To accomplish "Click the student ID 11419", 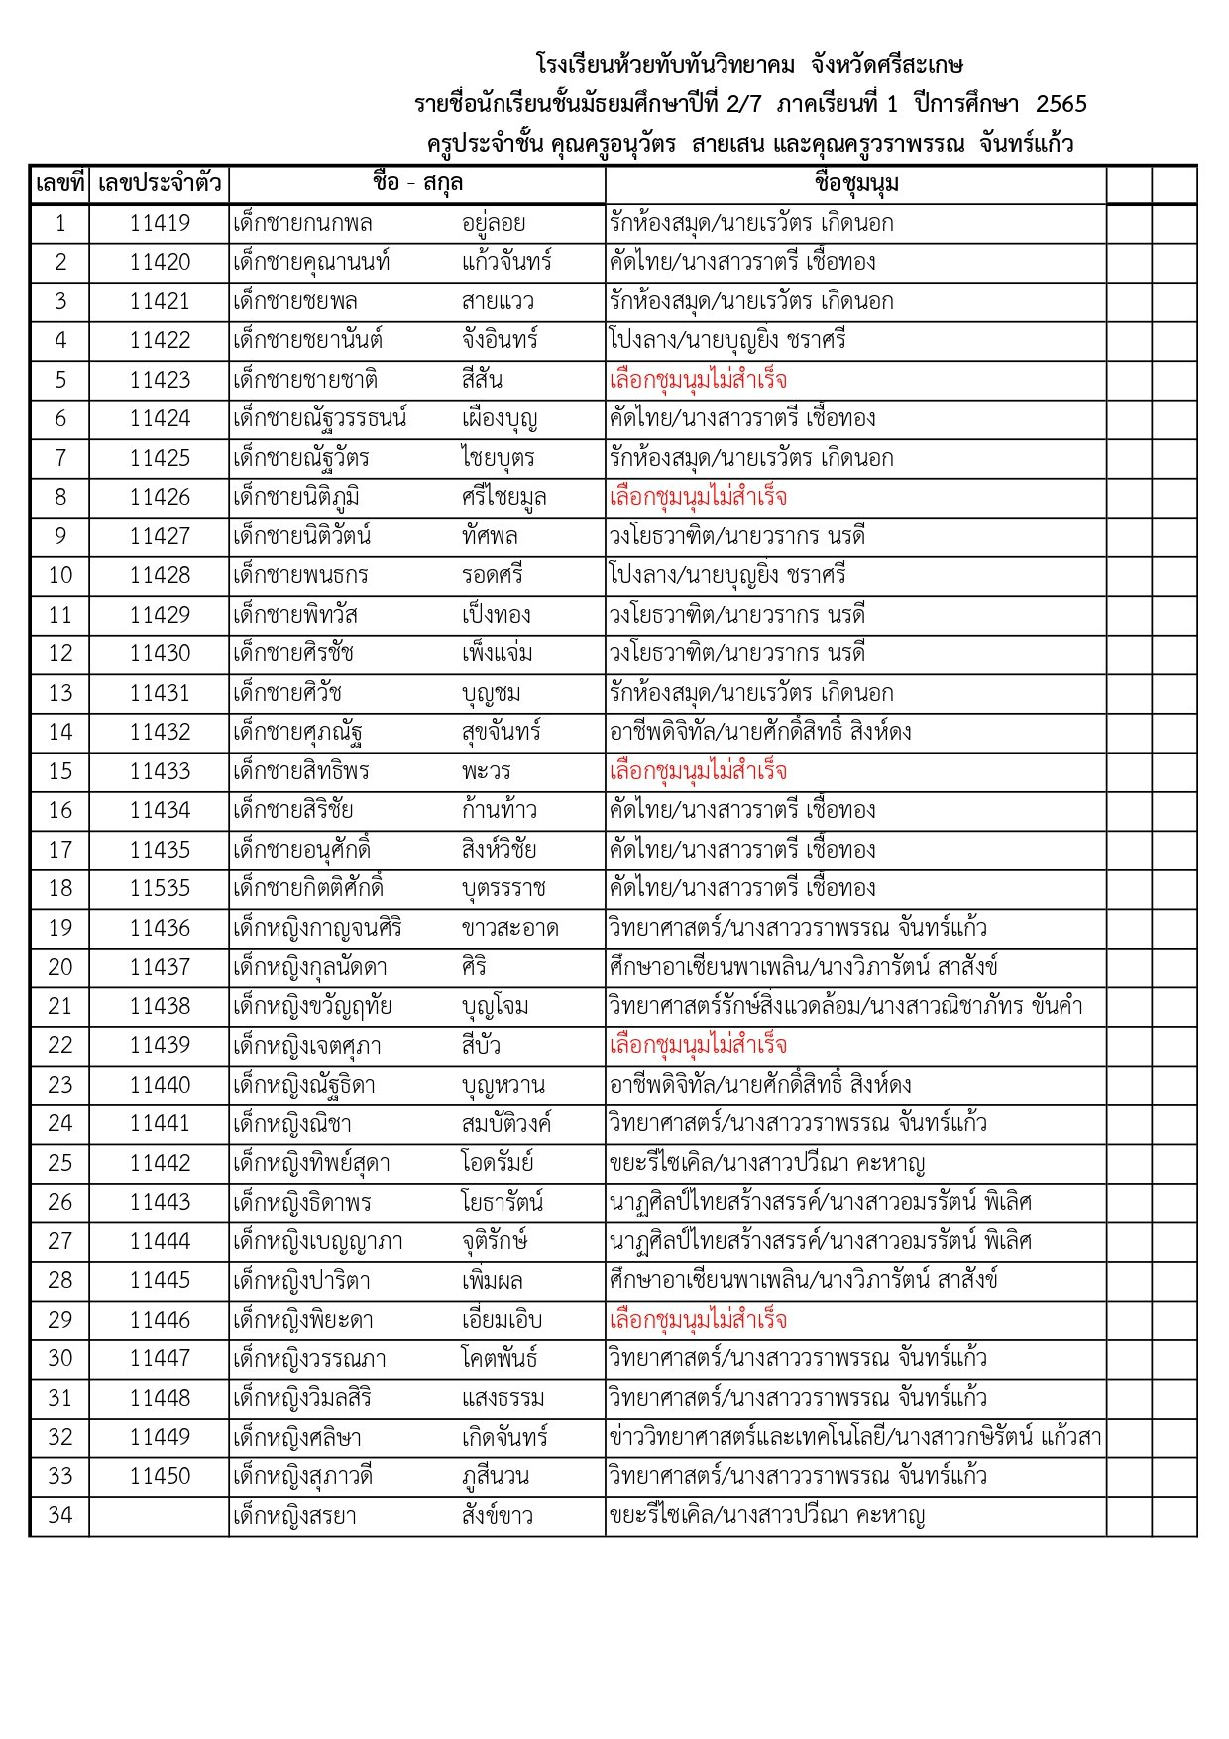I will point(160,223).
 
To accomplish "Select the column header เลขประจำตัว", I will point(160,183).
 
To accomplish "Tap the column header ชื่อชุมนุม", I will point(855,183).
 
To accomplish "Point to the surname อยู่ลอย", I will point(494,223).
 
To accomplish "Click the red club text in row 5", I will point(698,380).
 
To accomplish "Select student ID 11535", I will point(160,888).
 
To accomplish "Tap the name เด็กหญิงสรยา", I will point(294,1516).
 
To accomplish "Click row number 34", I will point(59,1516).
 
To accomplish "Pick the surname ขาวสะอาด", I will point(509,928).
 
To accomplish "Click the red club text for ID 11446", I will point(698,1320).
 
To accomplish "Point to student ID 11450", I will point(160,1476).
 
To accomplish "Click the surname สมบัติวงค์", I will point(506,1123).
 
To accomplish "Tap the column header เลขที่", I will point(59,183).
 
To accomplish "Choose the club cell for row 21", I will point(845,1006).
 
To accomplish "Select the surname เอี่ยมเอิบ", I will point(502,1320).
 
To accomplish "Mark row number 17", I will point(59,850).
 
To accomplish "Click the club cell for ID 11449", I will point(854,1438).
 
